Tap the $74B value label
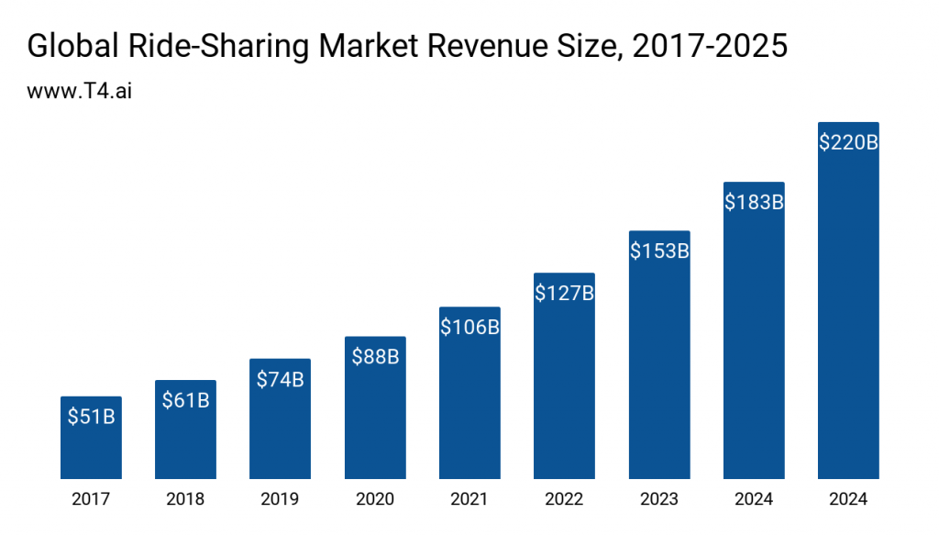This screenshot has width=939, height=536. click(280, 378)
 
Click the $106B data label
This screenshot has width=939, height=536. click(469, 327)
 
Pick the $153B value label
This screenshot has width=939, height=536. click(658, 251)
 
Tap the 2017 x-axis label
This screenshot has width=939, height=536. click(91, 499)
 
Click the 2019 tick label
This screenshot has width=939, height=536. click(280, 499)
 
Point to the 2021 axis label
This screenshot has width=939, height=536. click(469, 499)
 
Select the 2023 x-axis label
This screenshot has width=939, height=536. click(658, 499)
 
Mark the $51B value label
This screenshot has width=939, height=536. click(91, 416)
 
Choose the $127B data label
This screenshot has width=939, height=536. click(564, 293)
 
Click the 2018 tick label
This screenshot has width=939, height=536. click(185, 499)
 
